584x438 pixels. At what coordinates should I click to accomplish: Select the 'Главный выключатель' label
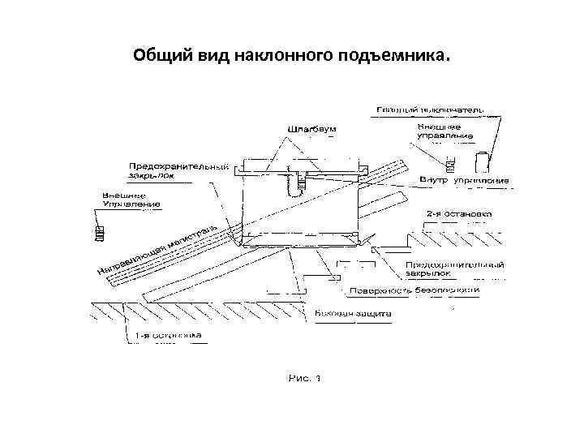tap(431, 109)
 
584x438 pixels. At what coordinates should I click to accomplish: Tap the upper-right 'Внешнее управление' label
tap(440, 131)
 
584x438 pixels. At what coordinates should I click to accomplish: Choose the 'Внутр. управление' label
tap(464, 179)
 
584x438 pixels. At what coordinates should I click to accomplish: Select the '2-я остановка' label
tap(458, 215)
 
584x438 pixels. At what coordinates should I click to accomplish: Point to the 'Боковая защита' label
tap(354, 312)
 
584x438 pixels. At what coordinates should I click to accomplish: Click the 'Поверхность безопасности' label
tap(414, 290)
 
